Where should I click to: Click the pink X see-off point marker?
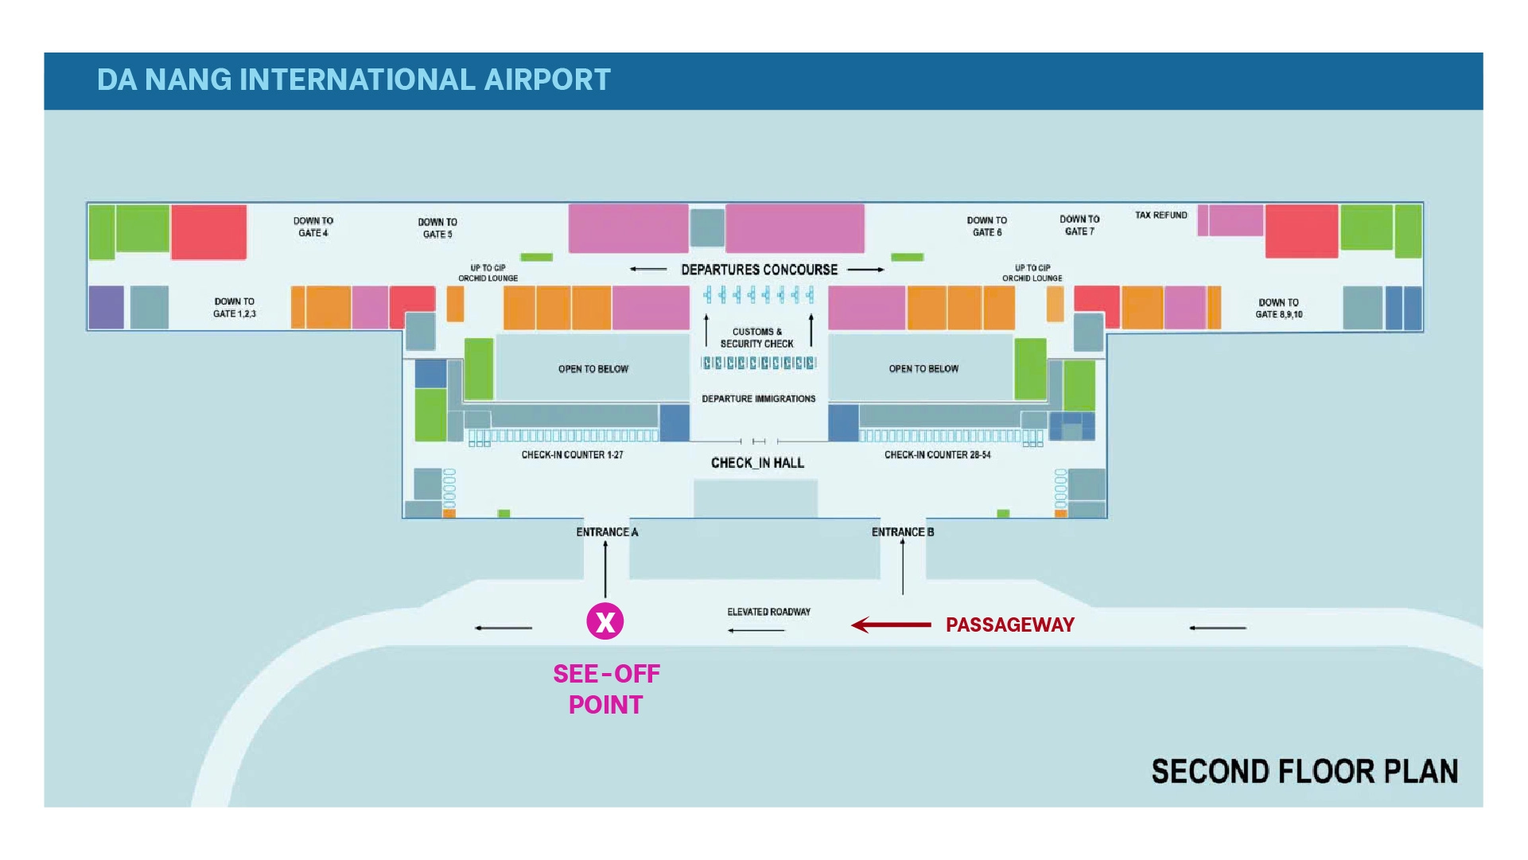tap(605, 621)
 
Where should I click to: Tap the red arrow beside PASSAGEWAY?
tap(891, 625)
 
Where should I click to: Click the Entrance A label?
tap(607, 532)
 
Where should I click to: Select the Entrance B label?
tap(903, 532)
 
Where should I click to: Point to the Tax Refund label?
tap(1161, 216)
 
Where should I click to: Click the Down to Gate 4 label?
tap(313, 227)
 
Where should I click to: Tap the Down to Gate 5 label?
tap(437, 228)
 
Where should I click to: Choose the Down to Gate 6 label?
tap(987, 227)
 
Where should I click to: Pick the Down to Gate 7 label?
tap(1079, 225)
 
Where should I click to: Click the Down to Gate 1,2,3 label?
tap(235, 308)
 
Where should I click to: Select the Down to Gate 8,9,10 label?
tap(1279, 309)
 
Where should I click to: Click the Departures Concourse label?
tap(760, 270)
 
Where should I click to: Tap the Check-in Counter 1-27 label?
tap(573, 455)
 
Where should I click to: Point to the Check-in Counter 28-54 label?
tap(938, 455)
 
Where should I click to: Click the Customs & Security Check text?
tap(757, 338)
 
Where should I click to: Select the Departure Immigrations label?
tap(759, 399)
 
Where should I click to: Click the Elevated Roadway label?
tap(769, 612)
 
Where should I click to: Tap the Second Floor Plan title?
tap(1305, 772)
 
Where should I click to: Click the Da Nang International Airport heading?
tap(354, 80)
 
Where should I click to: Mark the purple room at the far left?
tap(107, 307)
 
